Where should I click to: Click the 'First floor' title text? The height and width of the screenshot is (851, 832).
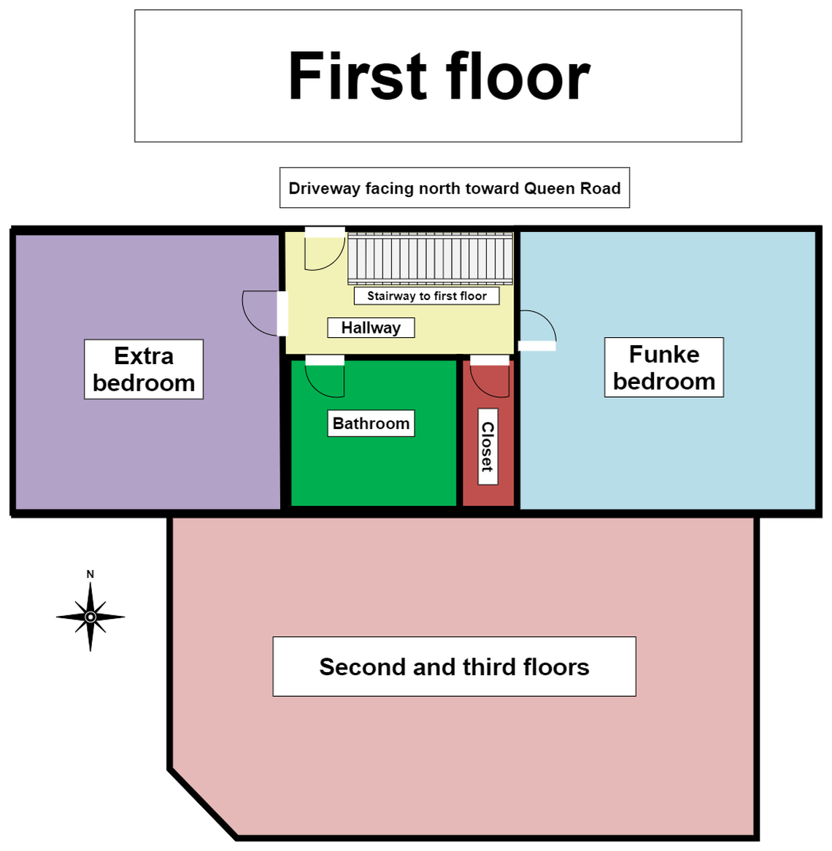[439, 77]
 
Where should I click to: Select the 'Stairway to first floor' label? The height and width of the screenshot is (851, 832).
[427, 296]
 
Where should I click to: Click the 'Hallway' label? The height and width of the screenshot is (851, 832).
[371, 328]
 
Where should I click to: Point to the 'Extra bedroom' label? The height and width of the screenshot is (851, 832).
[144, 369]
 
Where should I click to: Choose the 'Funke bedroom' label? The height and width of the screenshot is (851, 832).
[664, 368]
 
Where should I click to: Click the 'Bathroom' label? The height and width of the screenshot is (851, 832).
[371, 423]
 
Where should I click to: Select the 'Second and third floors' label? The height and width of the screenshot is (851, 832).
[454, 667]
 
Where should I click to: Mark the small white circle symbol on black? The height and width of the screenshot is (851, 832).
[90, 617]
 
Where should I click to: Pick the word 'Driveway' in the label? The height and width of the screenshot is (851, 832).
[324, 188]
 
